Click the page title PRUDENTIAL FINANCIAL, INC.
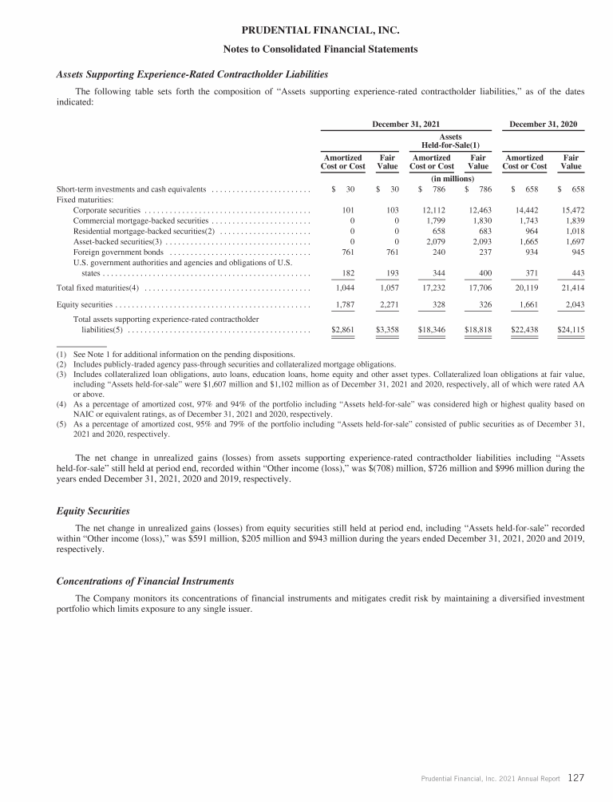pyautogui.click(x=306, y=32)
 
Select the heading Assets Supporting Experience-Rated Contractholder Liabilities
pyautogui.click(x=192, y=74)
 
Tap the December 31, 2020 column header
pyautogui.click(x=542, y=124)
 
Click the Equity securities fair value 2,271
pyautogui.click(x=387, y=304)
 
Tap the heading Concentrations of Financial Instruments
pyautogui.click(x=144, y=581)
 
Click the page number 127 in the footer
pyautogui.click(x=579, y=776)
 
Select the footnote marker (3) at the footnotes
pyautogui.click(x=60, y=374)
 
